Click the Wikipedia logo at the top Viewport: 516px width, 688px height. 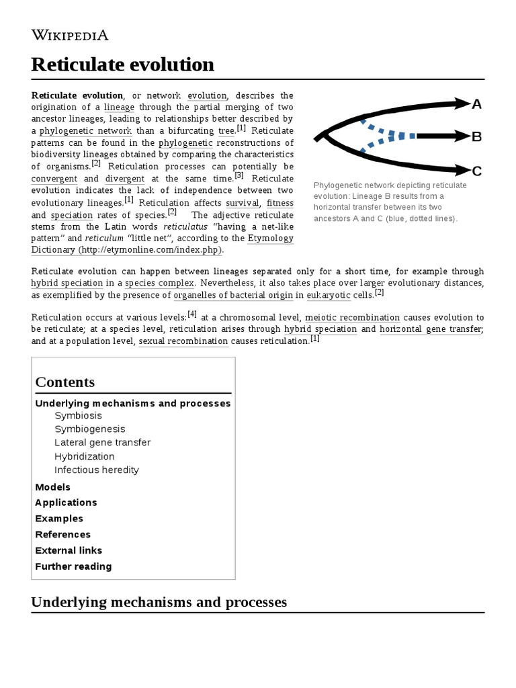[x=70, y=35]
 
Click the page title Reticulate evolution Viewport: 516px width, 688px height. [x=123, y=64]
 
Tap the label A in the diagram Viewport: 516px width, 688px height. [x=477, y=104]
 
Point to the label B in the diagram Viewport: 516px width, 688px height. [x=477, y=137]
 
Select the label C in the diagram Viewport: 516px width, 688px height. [x=477, y=171]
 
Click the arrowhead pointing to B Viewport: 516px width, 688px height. [x=460, y=136]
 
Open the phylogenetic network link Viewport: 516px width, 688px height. [x=85, y=131]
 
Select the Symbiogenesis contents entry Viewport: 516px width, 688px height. [x=89, y=429]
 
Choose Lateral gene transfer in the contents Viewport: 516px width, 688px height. [x=102, y=442]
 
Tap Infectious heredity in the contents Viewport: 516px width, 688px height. [x=96, y=470]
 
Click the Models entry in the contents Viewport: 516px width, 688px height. [x=52, y=487]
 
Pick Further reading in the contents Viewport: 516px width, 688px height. [x=73, y=566]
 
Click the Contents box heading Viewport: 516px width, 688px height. [x=65, y=382]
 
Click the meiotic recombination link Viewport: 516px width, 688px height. [x=352, y=318]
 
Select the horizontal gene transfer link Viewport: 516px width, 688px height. [x=430, y=329]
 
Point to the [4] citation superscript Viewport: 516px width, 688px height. [x=192, y=314]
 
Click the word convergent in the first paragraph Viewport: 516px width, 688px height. [x=54, y=179]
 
